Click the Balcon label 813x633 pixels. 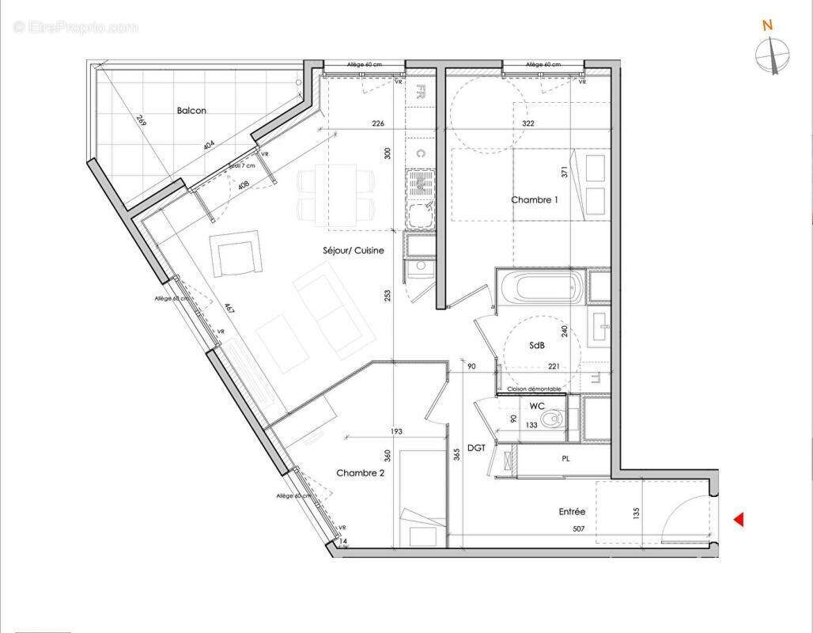point(191,111)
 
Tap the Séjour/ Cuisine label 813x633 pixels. point(354,251)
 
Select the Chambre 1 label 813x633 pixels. point(534,200)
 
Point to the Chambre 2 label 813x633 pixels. point(360,473)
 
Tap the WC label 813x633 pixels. point(537,406)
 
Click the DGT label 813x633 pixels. point(476,448)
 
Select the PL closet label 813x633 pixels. point(566,458)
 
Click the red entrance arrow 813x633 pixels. point(739,520)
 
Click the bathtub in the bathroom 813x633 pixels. point(542,287)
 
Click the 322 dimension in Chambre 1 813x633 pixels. point(528,123)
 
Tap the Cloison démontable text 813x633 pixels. point(535,389)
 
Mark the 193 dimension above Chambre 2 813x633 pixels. point(395,431)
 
